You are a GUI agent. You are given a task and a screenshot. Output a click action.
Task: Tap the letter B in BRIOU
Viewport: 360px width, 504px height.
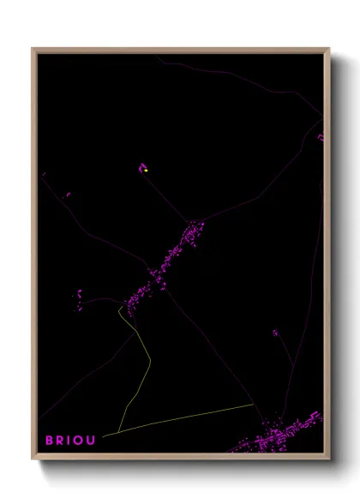50,440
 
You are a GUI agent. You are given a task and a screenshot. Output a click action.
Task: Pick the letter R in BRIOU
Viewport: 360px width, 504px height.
60,440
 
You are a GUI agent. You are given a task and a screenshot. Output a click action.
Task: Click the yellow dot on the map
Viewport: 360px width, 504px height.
147,171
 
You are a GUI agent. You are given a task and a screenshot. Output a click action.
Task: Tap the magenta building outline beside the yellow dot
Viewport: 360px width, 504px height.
142,167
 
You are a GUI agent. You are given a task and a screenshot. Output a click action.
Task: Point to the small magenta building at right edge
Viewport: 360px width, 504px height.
321,137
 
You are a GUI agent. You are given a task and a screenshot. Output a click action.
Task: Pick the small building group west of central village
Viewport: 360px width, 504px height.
79,298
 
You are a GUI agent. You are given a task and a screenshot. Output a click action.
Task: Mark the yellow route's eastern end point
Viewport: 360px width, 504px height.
253,404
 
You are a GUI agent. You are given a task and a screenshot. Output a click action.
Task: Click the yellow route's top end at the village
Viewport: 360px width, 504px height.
119,307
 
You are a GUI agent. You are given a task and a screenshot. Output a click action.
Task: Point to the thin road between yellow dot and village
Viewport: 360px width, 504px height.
167,201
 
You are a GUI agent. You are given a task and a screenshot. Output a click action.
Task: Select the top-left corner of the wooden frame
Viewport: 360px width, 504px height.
33,49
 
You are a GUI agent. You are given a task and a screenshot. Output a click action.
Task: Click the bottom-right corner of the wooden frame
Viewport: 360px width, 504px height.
330,460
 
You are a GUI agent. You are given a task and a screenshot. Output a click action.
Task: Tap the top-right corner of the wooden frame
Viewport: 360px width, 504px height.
330,49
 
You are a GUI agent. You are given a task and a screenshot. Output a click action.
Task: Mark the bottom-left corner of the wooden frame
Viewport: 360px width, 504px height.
33,460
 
